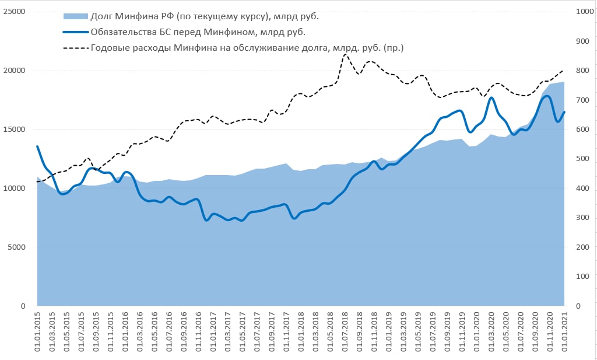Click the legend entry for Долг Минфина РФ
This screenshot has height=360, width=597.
click(x=208, y=16)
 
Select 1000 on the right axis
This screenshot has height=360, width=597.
click(x=585, y=12)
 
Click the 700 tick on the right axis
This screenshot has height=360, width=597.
click(x=582, y=100)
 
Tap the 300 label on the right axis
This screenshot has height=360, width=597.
click(x=582, y=218)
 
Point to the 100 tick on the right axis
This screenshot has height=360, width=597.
click(x=582, y=277)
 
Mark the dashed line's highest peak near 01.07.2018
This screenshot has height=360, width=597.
click(x=346, y=54)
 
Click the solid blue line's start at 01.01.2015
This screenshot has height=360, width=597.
click(x=37, y=146)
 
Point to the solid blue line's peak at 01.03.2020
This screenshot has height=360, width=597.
click(x=491, y=97)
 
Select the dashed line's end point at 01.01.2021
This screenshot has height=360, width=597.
click(x=564, y=70)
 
